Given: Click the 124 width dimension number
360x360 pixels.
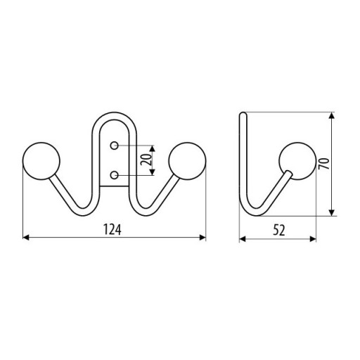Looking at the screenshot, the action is [x=112, y=229].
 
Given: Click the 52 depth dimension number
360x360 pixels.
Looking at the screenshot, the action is [x=279, y=230].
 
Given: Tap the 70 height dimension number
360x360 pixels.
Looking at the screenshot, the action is [x=324, y=163].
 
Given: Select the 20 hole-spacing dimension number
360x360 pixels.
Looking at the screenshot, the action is [x=146, y=160].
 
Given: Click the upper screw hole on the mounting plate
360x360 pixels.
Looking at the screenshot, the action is [x=114, y=146].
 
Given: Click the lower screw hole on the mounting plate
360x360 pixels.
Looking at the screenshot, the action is [x=114, y=175].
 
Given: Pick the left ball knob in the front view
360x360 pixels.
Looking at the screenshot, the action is [x=41, y=161].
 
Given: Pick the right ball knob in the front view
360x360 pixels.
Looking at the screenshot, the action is [x=187, y=161].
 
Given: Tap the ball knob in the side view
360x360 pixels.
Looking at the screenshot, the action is [x=297, y=161].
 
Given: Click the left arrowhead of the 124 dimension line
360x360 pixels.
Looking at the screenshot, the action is [x=26, y=238].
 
